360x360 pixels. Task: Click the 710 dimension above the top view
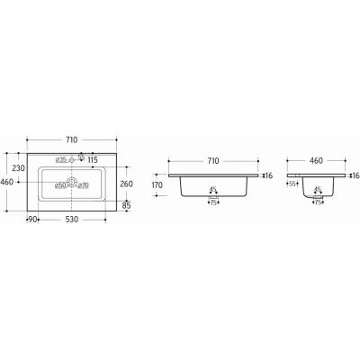(x=71, y=139)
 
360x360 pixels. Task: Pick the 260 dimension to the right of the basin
(x=127, y=184)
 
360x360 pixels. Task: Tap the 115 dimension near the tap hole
(x=92, y=160)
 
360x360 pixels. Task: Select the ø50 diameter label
(x=61, y=185)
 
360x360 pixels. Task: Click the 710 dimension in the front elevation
(x=212, y=159)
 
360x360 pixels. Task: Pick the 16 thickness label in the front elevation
(x=266, y=175)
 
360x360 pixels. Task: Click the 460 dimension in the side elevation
(x=317, y=159)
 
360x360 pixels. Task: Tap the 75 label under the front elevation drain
(x=214, y=202)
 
